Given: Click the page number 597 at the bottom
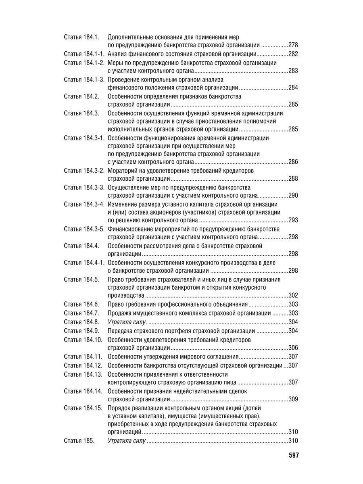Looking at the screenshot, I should pos(293,455).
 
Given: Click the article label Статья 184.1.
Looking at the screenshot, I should pos(81,37).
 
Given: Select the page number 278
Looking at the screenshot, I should pos(293,45).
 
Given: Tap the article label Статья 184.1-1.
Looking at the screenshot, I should pos(84,54).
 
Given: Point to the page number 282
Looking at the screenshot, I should pos(293,54).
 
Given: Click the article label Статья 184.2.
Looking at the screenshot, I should pos(81,96).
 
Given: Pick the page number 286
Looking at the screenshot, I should pos(293,162).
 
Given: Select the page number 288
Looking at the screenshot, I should pos(293,179).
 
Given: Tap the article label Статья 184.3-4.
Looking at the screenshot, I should pos(84,204).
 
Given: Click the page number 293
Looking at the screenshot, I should pos(293,221).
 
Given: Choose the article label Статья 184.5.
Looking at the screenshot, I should pos(81,279).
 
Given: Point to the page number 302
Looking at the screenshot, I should pos(293,296).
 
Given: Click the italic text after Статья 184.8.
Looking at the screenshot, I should pos(127,321).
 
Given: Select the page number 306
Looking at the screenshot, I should pos(293,348).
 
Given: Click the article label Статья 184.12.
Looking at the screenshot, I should pos(83,365).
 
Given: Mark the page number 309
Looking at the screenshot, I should pos(293,399).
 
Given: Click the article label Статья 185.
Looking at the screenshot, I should pos(79,441).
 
